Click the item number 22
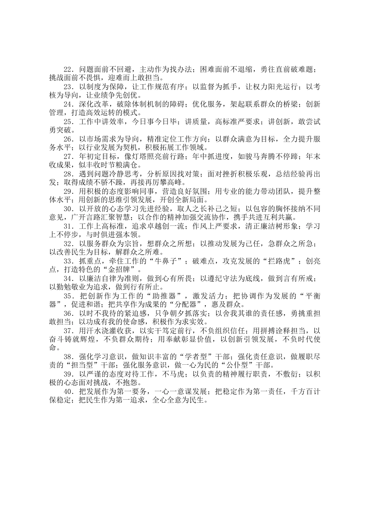pyautogui.click(x=68, y=69)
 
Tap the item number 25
pyautogui.click(x=68, y=122)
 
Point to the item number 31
pyautogui.click(x=68, y=227)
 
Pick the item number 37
pyautogui.click(x=68, y=331)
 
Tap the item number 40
pyautogui.click(x=68, y=392)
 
